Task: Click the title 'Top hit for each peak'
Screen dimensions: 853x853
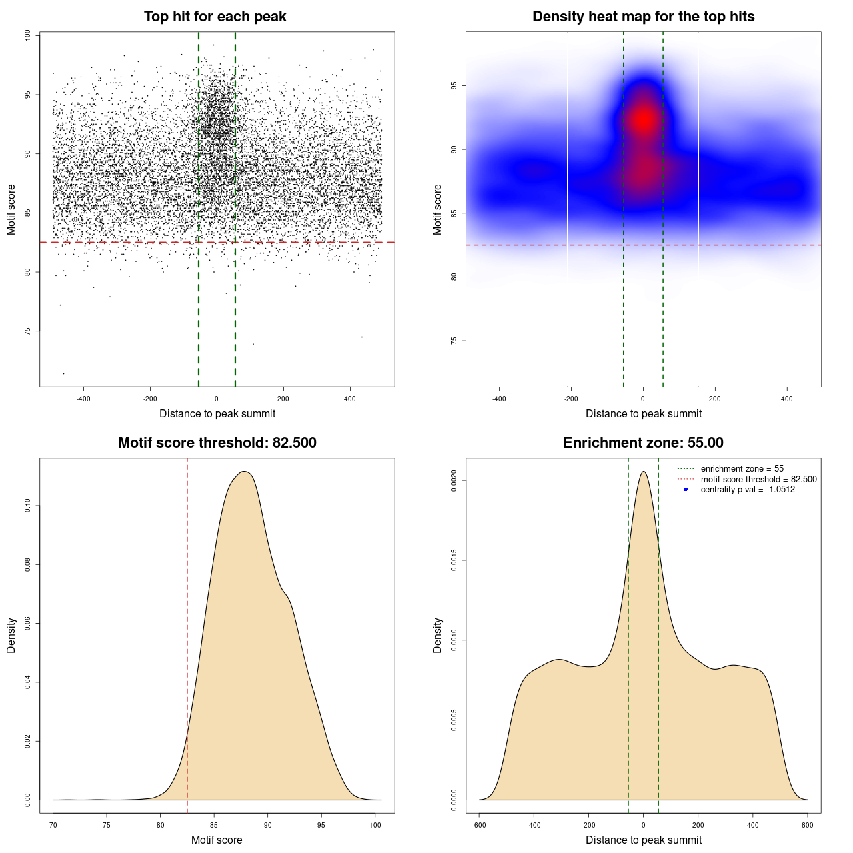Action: point(215,17)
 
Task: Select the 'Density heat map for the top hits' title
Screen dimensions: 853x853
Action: point(643,17)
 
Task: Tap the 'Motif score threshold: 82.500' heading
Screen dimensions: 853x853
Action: point(217,443)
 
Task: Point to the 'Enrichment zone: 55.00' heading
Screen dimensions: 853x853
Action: point(643,443)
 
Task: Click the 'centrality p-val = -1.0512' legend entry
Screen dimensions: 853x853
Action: point(748,490)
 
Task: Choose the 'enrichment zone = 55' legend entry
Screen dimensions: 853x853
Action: point(742,469)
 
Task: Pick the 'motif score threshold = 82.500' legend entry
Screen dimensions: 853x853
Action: point(758,480)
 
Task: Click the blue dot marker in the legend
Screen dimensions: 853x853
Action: point(686,490)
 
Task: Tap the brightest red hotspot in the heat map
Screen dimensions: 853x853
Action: point(644,120)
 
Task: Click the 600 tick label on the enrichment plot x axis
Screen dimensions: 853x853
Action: point(808,826)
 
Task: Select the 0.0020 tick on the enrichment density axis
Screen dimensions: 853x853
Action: point(454,480)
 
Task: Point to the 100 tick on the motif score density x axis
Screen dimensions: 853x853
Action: point(375,826)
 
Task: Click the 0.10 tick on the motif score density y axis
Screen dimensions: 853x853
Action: point(27,506)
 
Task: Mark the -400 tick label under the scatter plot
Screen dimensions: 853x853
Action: point(83,399)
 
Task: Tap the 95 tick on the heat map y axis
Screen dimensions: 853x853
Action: point(454,86)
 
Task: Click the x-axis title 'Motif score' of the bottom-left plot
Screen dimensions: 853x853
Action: point(217,840)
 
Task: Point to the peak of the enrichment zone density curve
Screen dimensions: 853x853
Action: point(643,472)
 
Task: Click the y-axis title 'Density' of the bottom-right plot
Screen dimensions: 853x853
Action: point(438,635)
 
